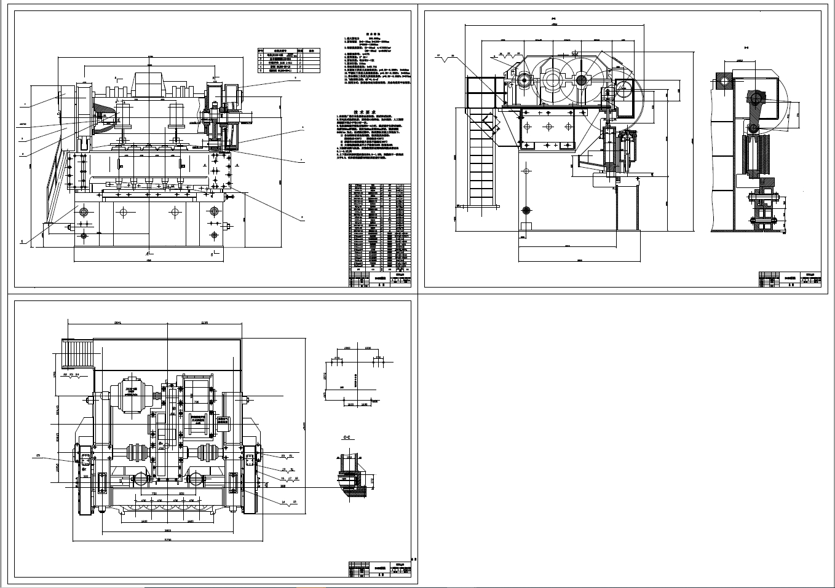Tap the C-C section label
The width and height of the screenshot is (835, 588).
click(347, 437)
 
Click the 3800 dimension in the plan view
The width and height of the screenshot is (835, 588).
click(167, 530)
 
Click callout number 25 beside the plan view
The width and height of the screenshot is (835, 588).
click(39, 455)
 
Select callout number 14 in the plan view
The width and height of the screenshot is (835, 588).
click(284, 502)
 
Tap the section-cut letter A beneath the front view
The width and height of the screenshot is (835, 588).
click(148, 253)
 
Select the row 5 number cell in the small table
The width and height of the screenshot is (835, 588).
click(260, 71)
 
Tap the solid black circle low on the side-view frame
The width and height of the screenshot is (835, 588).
click(526, 210)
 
